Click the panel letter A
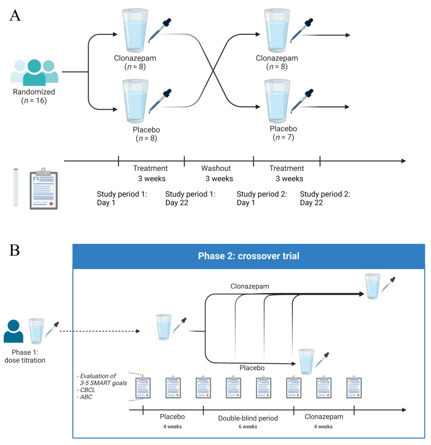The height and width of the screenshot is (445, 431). click(x=15, y=15)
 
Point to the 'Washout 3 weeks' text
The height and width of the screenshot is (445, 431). click(x=216, y=174)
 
